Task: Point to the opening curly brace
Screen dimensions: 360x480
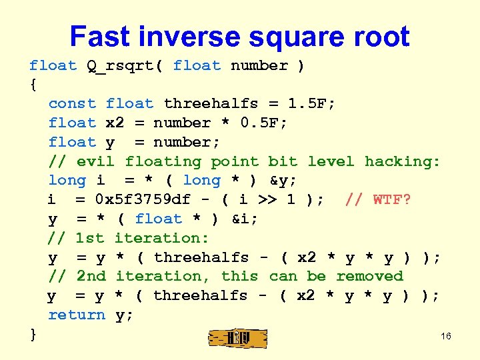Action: (x=33, y=85)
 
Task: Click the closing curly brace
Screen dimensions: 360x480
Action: (x=33, y=334)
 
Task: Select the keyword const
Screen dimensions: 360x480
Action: (x=72, y=104)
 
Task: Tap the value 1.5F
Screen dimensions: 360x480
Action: (x=311, y=104)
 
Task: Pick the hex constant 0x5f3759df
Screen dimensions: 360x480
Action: (x=143, y=200)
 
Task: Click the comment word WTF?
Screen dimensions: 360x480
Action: (x=392, y=200)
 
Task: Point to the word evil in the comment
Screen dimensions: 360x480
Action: (x=95, y=161)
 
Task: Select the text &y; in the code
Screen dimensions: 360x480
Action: (x=283, y=181)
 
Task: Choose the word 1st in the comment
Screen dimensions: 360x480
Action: (x=91, y=238)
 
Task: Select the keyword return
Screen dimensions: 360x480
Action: (x=77, y=315)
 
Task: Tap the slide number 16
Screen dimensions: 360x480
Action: (x=446, y=336)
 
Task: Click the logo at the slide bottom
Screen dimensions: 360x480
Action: (x=238, y=339)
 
